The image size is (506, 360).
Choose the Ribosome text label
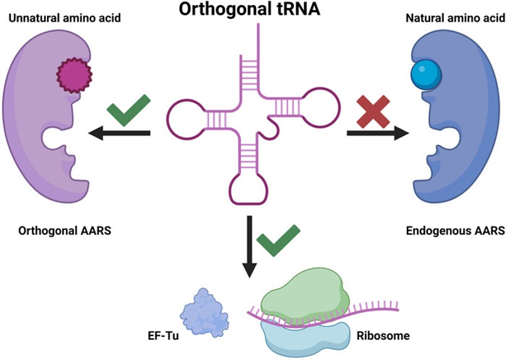pyautogui.click(x=383, y=336)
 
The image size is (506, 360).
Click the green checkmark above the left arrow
pyautogui.click(x=128, y=110)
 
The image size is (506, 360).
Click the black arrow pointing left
pyautogui.click(x=119, y=133)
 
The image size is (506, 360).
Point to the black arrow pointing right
pyautogui.click(x=377, y=133)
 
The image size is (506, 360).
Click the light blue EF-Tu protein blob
pyautogui.click(x=204, y=311)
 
